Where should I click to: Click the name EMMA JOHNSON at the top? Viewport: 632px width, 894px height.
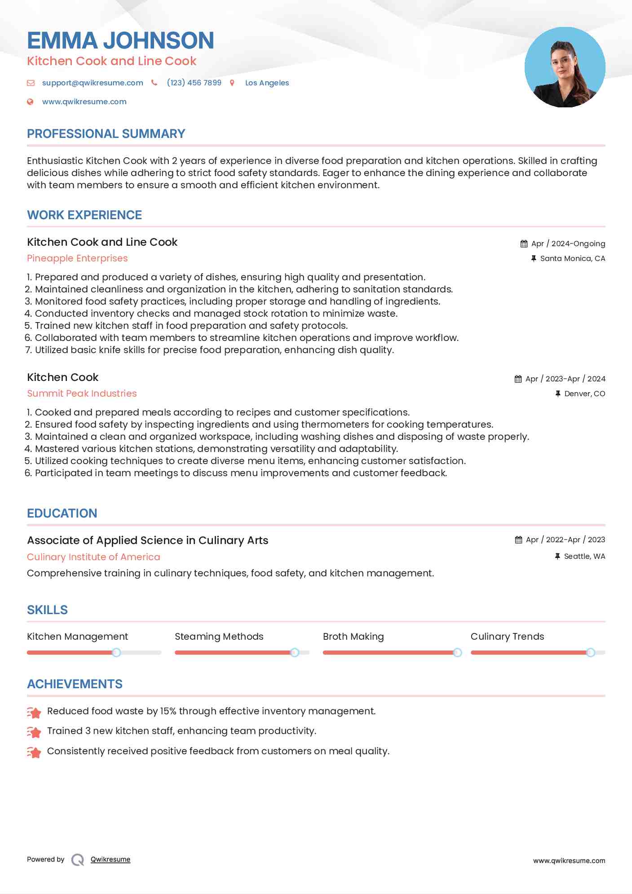point(120,40)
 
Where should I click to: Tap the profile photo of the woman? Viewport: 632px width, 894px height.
point(565,67)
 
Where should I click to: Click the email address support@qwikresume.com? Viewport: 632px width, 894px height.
point(93,83)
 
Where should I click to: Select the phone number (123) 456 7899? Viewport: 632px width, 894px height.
point(194,83)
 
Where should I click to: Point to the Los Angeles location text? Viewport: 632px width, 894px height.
point(267,83)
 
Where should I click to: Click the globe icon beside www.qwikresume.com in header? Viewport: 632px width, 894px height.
point(30,102)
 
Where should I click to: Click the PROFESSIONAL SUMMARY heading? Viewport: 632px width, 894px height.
point(106,134)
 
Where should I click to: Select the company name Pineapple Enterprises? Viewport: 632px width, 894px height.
point(77,258)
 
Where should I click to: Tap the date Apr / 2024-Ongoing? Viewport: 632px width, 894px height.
point(568,243)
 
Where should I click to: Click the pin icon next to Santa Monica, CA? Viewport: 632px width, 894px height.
point(534,258)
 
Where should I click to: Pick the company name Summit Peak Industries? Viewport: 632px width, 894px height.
point(82,394)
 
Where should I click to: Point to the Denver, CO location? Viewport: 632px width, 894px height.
point(584,394)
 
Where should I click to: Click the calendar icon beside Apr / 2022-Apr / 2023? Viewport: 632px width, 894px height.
point(518,540)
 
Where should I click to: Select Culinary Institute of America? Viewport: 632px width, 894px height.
point(93,557)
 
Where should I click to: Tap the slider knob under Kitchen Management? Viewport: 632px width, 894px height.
point(116,652)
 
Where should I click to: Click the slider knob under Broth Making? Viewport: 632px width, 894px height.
point(457,652)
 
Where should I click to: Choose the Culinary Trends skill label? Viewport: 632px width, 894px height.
point(507,637)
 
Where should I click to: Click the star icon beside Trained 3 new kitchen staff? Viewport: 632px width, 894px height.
point(34,732)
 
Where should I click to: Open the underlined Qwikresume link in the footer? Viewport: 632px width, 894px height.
point(110,859)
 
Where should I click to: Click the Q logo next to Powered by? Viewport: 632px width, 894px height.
point(78,859)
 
